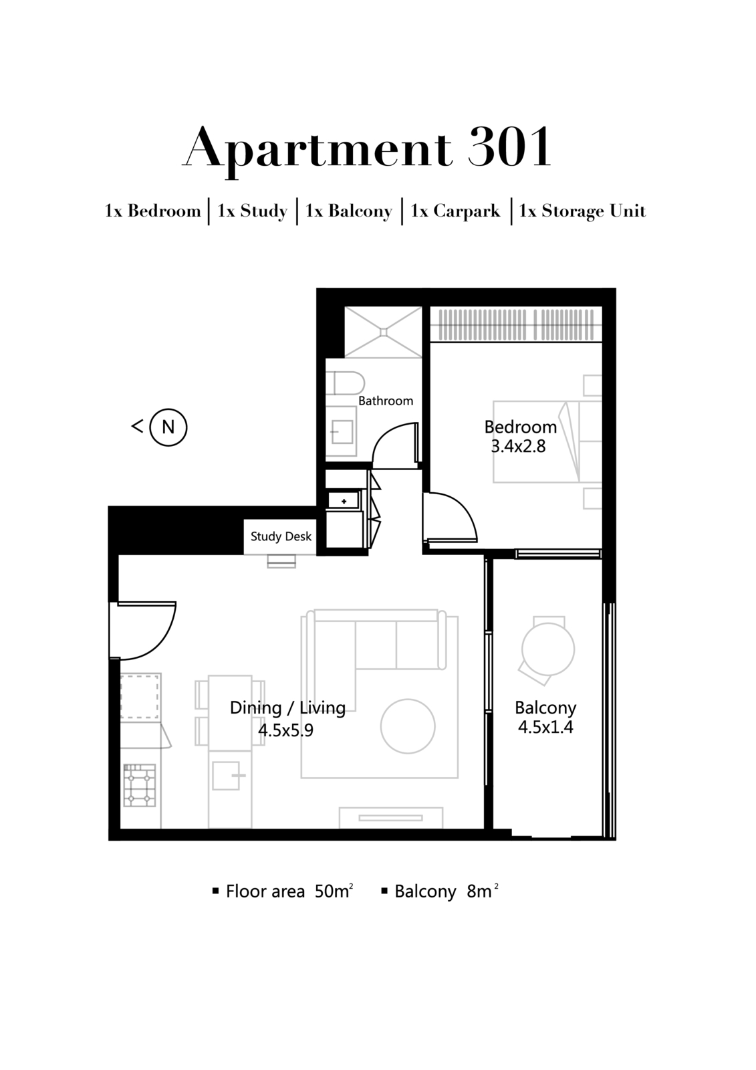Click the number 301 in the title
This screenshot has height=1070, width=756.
point(509,148)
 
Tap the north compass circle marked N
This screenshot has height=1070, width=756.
point(168,427)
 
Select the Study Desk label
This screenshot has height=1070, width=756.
point(281,536)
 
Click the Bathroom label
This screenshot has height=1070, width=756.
point(386,401)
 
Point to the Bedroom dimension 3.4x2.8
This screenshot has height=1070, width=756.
point(518,447)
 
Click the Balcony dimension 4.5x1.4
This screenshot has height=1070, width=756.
point(545,728)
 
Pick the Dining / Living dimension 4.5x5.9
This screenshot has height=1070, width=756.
point(286,730)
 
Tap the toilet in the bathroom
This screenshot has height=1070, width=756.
point(346,384)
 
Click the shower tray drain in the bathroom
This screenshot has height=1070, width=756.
point(383,332)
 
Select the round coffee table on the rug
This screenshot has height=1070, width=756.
point(408,726)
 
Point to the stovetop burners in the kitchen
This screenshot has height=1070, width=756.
point(140,786)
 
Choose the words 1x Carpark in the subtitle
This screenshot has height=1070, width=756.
point(455,211)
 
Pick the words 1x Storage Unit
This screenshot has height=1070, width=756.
point(582,211)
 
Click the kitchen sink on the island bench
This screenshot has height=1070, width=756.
point(226,776)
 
